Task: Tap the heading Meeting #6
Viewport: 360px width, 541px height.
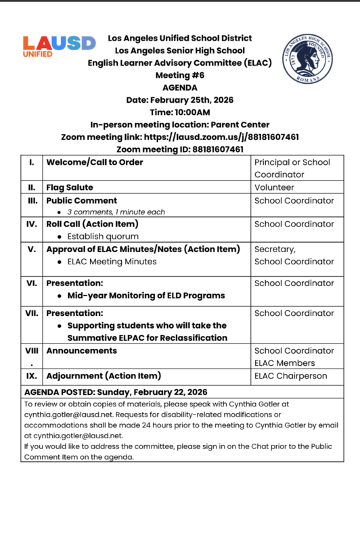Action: point(179,75)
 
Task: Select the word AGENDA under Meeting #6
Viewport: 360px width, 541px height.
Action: point(180,87)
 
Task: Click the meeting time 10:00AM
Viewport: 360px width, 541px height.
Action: point(193,112)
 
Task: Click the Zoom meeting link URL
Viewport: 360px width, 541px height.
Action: point(229,137)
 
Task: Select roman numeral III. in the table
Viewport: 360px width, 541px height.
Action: point(32,200)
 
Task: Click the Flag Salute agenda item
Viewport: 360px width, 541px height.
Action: point(70,187)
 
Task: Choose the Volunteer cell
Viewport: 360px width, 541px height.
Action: point(274,187)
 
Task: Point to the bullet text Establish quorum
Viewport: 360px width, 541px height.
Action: point(102,237)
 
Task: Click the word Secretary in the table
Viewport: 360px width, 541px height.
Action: point(275,249)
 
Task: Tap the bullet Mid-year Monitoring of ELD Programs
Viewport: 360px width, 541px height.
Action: point(146,296)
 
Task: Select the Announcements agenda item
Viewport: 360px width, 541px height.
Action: point(81,351)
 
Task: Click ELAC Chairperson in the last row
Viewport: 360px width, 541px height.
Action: point(290,375)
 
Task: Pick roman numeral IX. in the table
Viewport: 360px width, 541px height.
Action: point(32,375)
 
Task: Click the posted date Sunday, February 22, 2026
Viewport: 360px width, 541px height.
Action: point(152,392)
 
